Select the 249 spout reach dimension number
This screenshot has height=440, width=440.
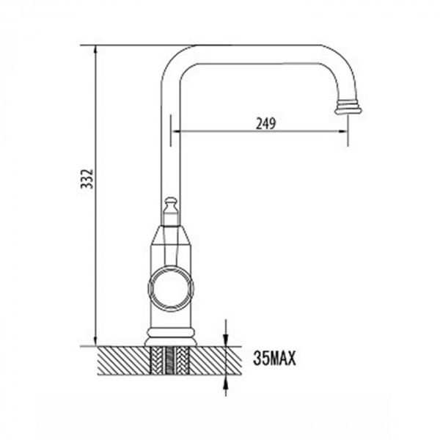tap(265, 124)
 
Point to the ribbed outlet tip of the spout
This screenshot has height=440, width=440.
tap(348, 107)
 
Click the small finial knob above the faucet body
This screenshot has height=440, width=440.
tap(170, 202)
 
